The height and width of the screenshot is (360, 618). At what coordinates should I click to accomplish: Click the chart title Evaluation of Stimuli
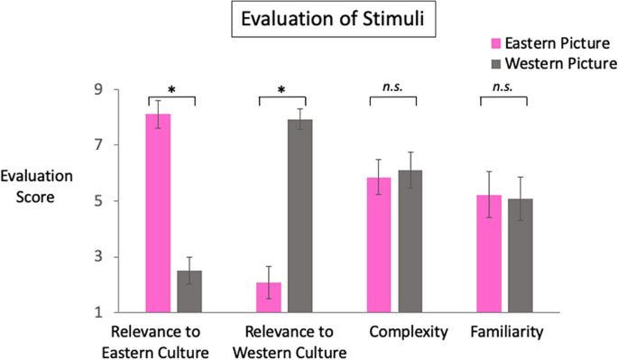click(x=309, y=18)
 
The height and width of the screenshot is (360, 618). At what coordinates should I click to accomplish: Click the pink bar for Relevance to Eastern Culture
click(x=159, y=213)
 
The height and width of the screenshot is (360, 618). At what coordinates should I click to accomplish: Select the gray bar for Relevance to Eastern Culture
click(x=189, y=291)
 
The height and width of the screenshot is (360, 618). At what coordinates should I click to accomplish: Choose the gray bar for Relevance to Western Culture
click(x=300, y=217)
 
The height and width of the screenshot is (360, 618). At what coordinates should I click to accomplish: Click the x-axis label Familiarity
click(x=507, y=333)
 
